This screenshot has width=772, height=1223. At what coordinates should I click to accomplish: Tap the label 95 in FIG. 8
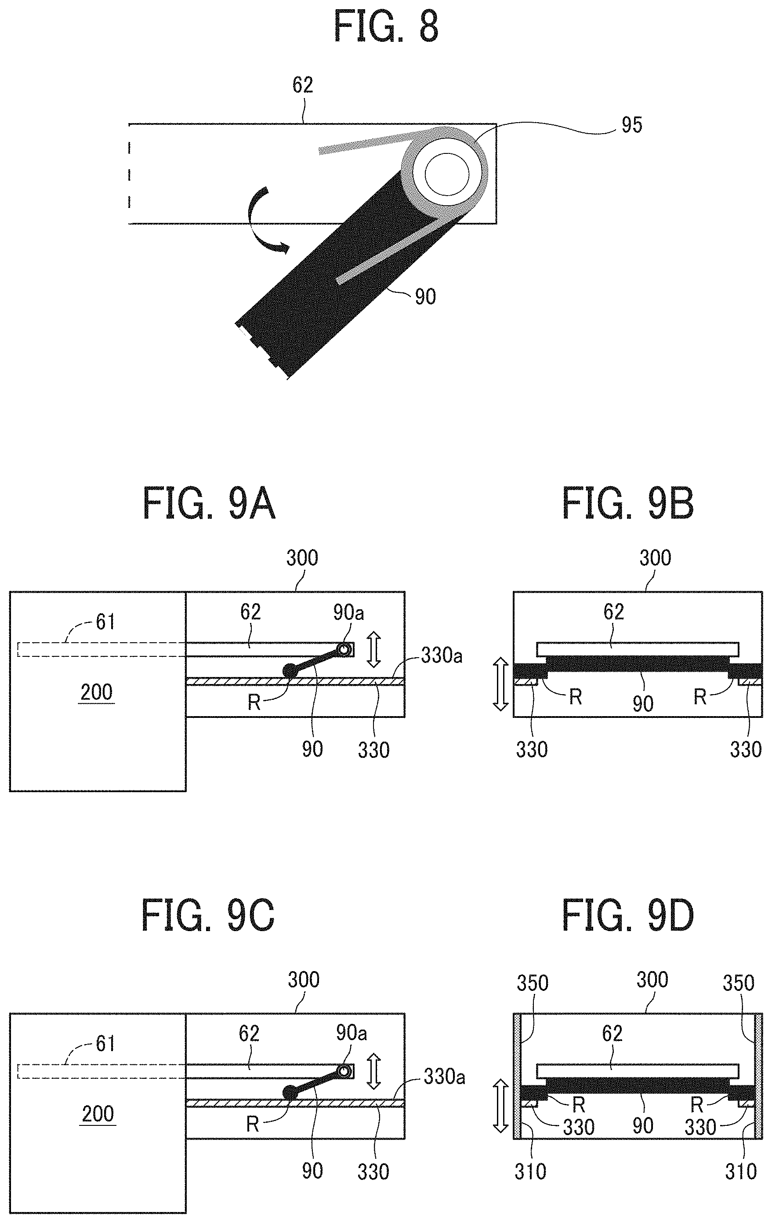631,125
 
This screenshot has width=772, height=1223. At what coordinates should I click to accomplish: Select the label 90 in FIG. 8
425,297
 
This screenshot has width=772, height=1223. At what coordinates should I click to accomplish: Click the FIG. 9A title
209,503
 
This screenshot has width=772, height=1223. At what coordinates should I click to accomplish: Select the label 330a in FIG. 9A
442,656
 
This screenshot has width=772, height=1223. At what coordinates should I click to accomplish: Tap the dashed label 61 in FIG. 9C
105,1044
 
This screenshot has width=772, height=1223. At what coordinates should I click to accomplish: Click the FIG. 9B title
628,503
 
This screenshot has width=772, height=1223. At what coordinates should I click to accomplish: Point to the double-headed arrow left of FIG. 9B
500,684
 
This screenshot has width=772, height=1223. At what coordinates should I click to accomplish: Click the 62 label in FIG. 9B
613,612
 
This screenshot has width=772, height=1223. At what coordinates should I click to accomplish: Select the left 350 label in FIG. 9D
533,984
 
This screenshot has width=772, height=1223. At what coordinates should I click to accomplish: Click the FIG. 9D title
628,915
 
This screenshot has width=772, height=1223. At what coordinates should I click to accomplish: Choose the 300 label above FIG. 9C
304,980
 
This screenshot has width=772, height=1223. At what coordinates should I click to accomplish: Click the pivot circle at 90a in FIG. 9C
344,1071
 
